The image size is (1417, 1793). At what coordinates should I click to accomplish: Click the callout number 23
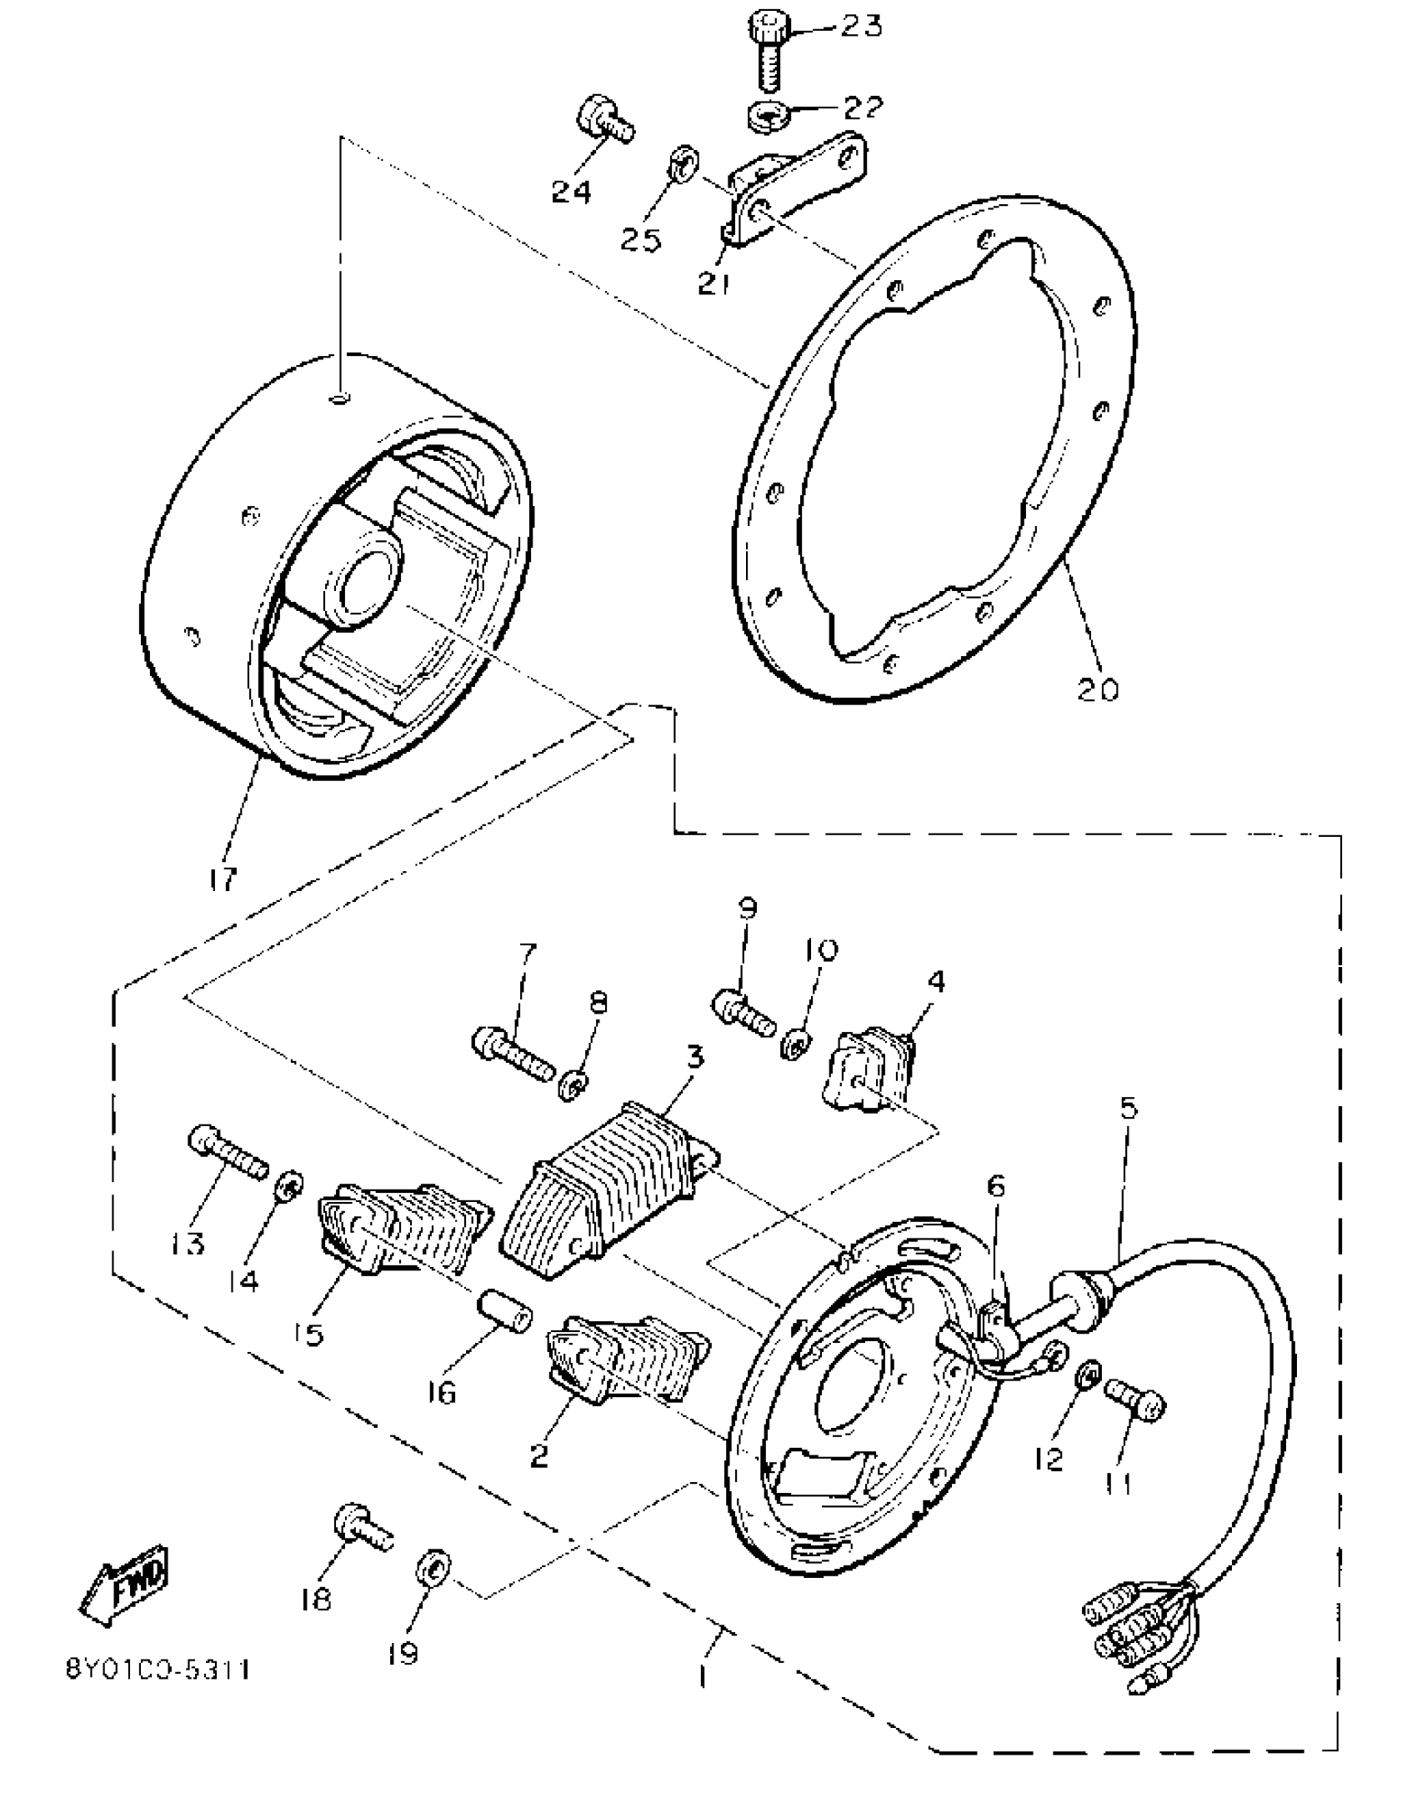pyautogui.click(x=860, y=26)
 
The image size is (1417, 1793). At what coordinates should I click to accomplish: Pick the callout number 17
pyautogui.click(x=223, y=879)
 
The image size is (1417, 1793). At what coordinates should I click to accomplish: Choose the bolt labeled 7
pyautogui.click(x=513, y=1052)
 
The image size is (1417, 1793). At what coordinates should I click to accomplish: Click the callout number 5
pyautogui.click(x=1128, y=1109)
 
